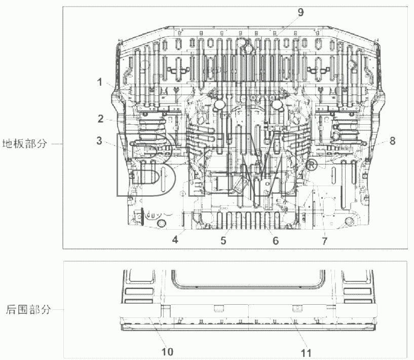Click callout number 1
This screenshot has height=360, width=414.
click(x=99, y=82)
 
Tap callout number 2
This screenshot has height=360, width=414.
click(x=100, y=119)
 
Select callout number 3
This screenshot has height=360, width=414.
click(x=99, y=141)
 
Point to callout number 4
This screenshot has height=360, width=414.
click(x=175, y=240)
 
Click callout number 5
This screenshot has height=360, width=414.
click(x=223, y=241)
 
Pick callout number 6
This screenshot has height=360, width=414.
click(x=275, y=241)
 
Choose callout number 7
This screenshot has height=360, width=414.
click(x=324, y=241)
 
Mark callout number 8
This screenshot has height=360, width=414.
click(x=393, y=141)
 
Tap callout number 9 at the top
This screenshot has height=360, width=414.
click(x=300, y=12)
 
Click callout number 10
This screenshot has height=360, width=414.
click(x=167, y=352)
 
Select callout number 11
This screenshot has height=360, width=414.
click(x=306, y=353)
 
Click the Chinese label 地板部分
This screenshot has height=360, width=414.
click(x=24, y=143)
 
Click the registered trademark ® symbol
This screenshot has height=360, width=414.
click(x=311, y=165)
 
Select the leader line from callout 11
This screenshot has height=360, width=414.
click(x=298, y=332)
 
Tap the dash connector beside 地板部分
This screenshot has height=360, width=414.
click(x=57, y=144)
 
